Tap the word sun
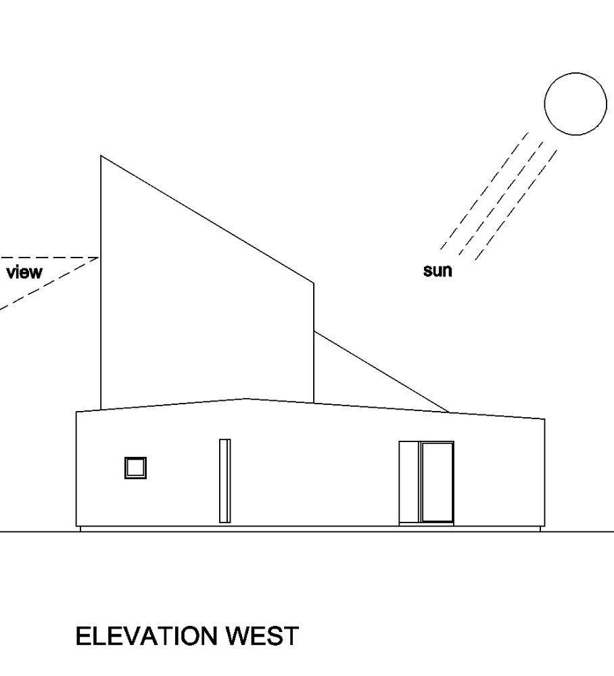pos(438,271)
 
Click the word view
pos(24,272)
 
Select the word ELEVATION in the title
pos(146,636)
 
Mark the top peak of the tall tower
pos(101,155)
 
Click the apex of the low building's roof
pos(246,398)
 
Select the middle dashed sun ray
pos(500,198)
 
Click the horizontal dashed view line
pos(49,258)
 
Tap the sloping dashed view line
pos(49,283)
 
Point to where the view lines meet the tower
pos(99,258)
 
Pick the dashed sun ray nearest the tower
pos(484,191)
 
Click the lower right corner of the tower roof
pos(314,283)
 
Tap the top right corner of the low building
pos(544,418)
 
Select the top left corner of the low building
pos(76,412)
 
